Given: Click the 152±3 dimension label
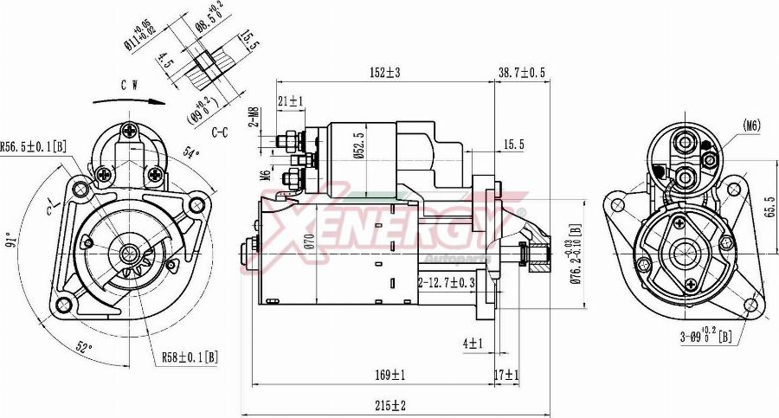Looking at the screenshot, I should point(385,73).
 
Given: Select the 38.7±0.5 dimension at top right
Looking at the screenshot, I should point(522,73).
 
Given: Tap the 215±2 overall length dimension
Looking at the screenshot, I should point(392,405).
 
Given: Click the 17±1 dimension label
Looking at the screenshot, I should point(506,375).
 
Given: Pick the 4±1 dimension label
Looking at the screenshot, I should point(473,344).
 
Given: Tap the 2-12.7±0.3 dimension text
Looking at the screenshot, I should point(447,283).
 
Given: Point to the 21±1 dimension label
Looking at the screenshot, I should point(291,101).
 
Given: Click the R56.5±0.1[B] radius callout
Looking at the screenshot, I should point(34,146).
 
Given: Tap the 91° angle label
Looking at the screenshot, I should point(11,238).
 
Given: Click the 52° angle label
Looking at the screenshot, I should point(84,347).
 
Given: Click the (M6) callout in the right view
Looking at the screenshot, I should point(751,125).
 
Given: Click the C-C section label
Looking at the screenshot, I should point(220,132).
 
